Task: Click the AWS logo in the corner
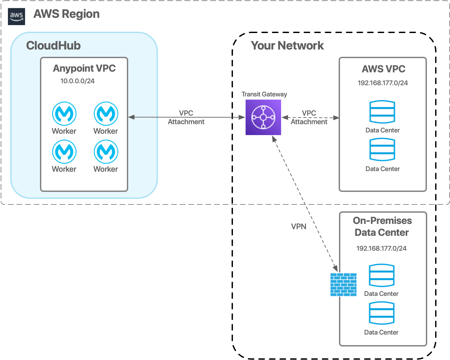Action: click(x=16, y=16)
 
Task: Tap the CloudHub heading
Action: click(x=53, y=46)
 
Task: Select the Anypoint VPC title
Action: click(x=84, y=68)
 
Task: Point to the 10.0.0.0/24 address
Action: click(x=77, y=81)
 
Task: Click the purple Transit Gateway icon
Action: click(x=263, y=118)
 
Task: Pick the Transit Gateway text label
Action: click(x=264, y=94)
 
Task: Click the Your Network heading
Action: click(x=287, y=46)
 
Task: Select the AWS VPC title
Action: click(x=383, y=69)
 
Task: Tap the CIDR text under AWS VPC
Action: click(x=383, y=83)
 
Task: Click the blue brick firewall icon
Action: click(x=343, y=285)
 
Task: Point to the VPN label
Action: click(x=298, y=227)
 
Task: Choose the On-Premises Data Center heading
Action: click(x=382, y=227)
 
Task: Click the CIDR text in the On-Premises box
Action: click(x=381, y=248)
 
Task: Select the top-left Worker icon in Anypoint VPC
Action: click(x=64, y=114)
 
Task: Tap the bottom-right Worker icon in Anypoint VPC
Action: click(x=106, y=152)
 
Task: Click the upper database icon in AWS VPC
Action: click(x=382, y=112)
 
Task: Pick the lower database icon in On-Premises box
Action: click(x=382, y=313)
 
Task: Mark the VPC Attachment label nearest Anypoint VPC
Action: click(x=186, y=118)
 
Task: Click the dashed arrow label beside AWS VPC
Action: click(x=309, y=118)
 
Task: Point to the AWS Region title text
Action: click(x=66, y=14)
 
